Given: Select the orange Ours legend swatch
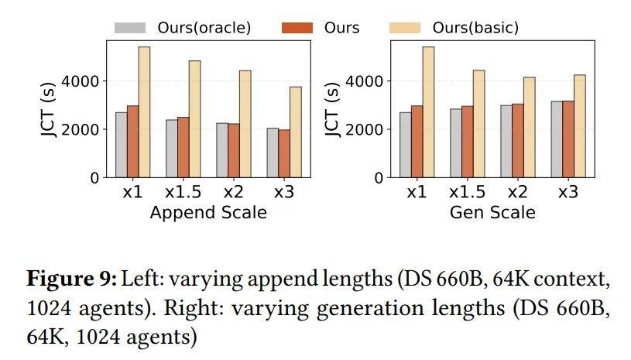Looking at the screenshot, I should click(x=298, y=28).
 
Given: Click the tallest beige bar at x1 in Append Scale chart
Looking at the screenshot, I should click(x=144, y=112).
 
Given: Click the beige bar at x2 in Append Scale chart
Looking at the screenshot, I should click(x=245, y=124).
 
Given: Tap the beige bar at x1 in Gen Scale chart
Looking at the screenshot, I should click(x=428, y=112).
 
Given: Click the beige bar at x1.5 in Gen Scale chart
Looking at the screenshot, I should click(x=478, y=124).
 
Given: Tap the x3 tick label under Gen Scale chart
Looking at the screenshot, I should click(x=568, y=192).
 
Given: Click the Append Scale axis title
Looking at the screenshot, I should click(x=208, y=212).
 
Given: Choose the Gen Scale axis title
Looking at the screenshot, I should click(x=492, y=212).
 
